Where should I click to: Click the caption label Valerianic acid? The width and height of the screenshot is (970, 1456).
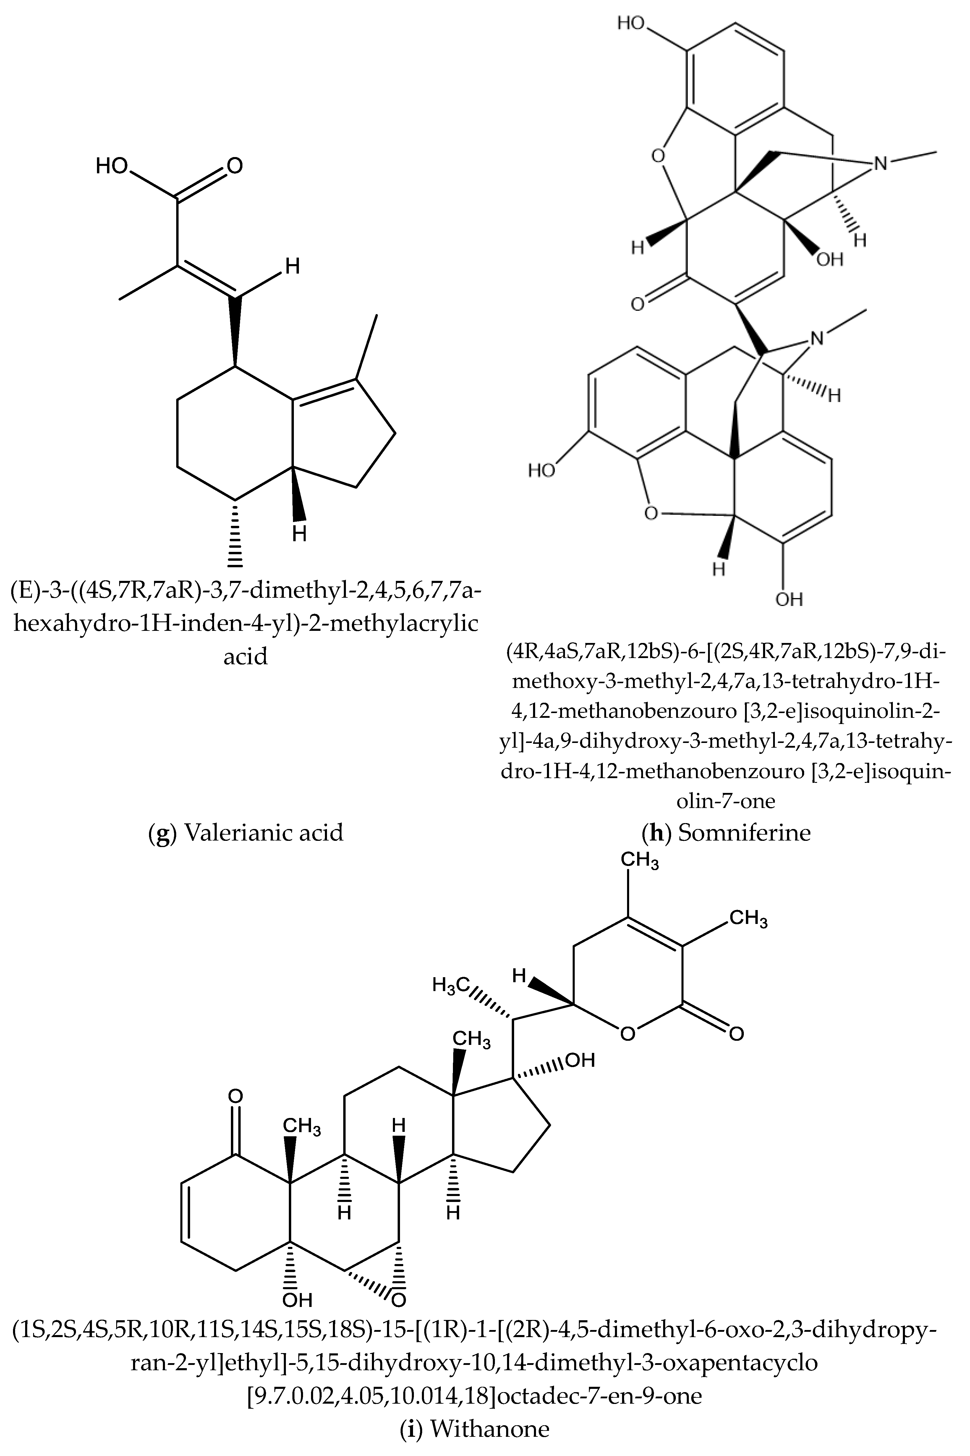point(263,832)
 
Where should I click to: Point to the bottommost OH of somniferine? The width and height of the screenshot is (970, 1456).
point(789,599)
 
